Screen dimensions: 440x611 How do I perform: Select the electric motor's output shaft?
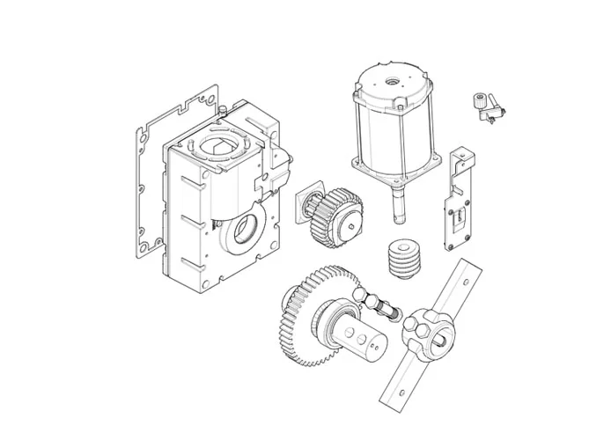[399, 206]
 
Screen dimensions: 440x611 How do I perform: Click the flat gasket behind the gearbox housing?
[144, 176]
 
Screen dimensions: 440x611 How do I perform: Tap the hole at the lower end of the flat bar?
[396, 392]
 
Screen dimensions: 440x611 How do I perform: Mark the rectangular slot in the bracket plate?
[456, 216]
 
